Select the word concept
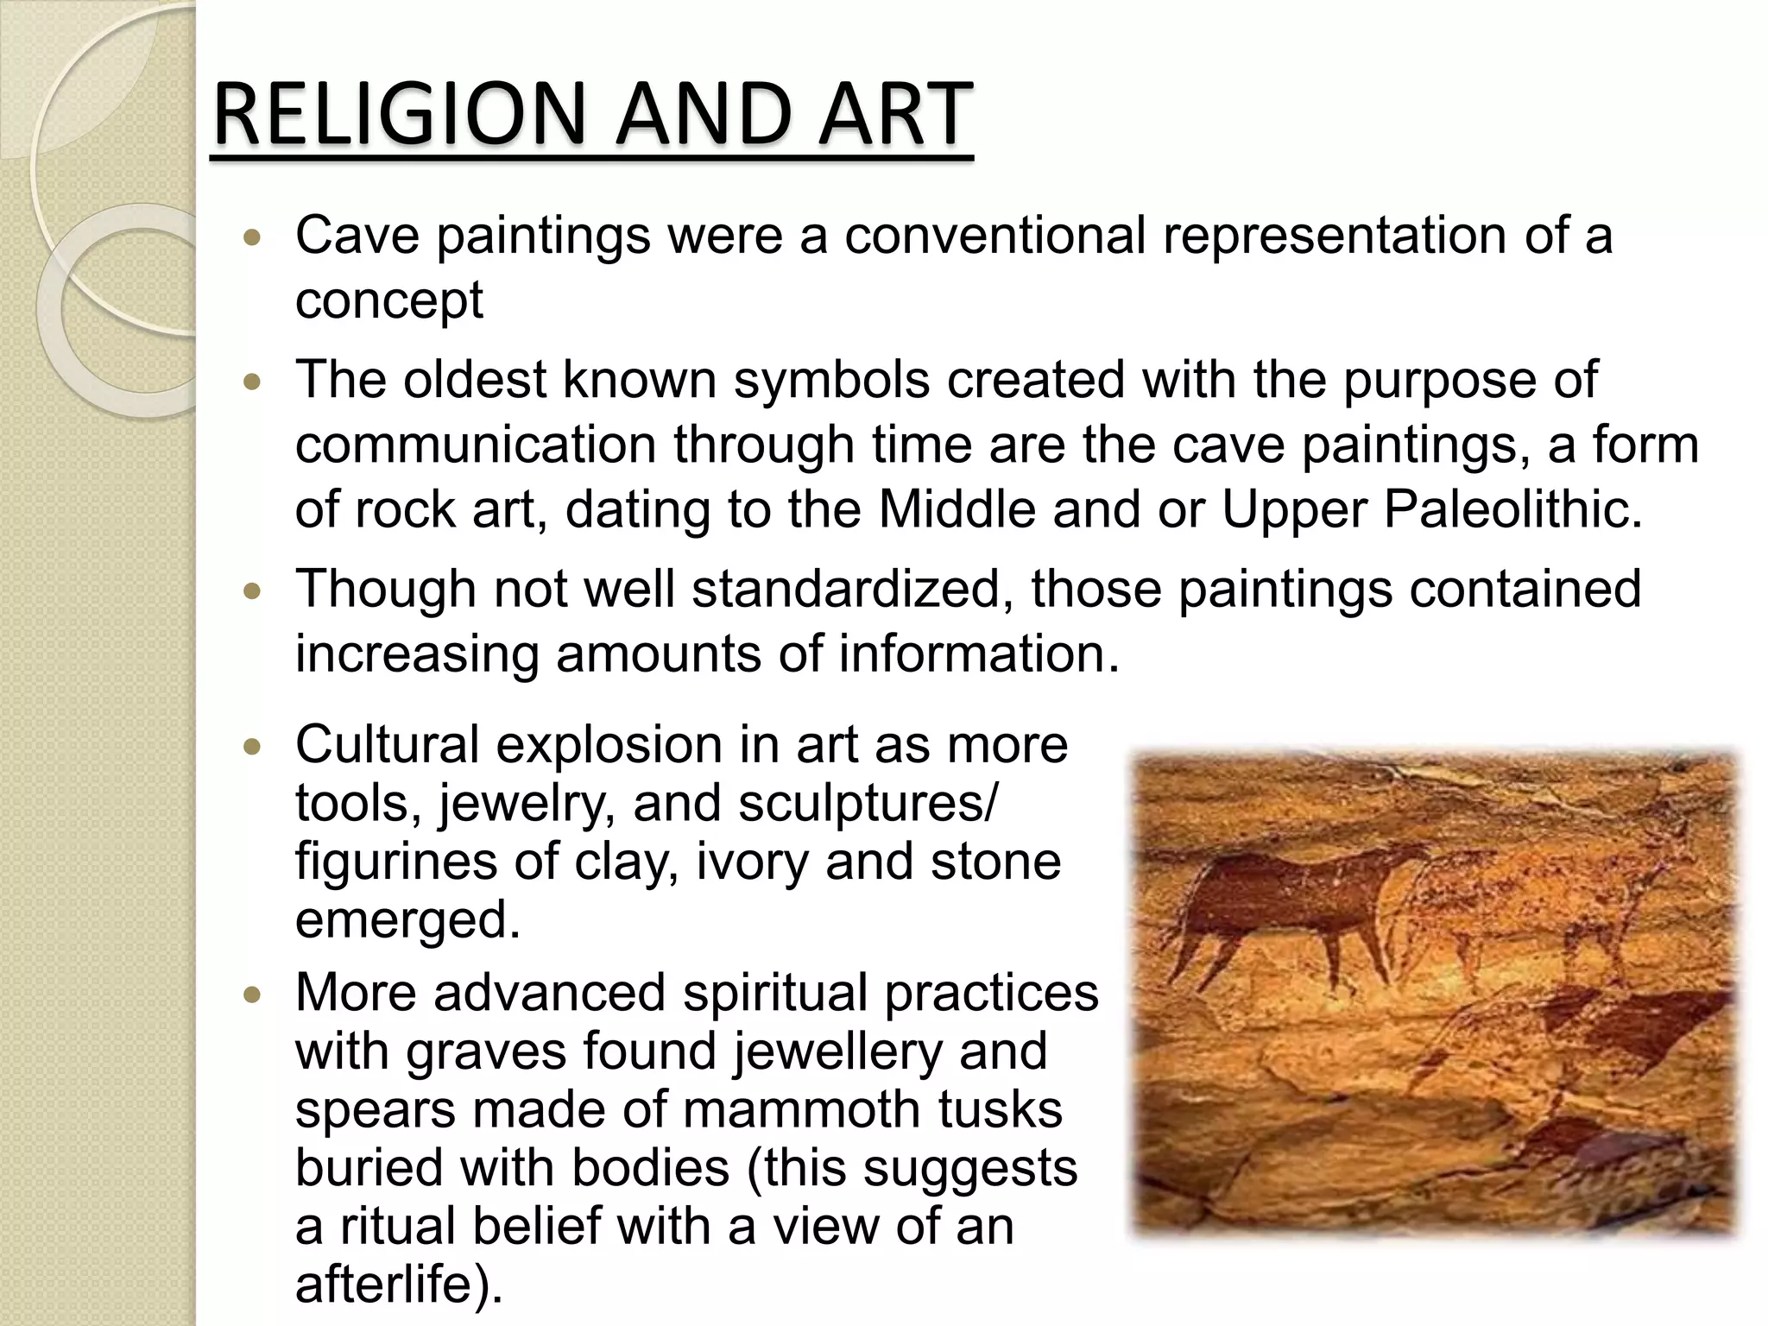388,301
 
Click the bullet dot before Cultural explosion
252,747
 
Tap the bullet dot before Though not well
252,592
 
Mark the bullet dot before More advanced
252,995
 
